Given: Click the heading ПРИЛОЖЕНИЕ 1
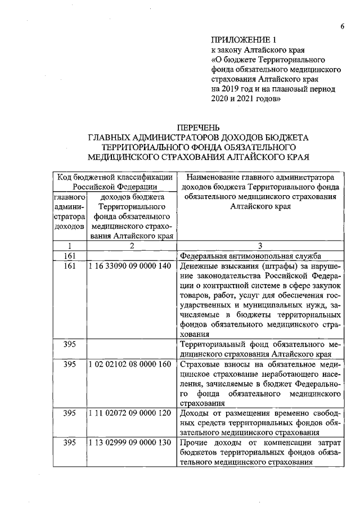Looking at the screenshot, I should point(244,40).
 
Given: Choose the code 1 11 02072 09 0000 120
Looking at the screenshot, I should point(130,413).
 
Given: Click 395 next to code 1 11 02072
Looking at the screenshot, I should point(69,413).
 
